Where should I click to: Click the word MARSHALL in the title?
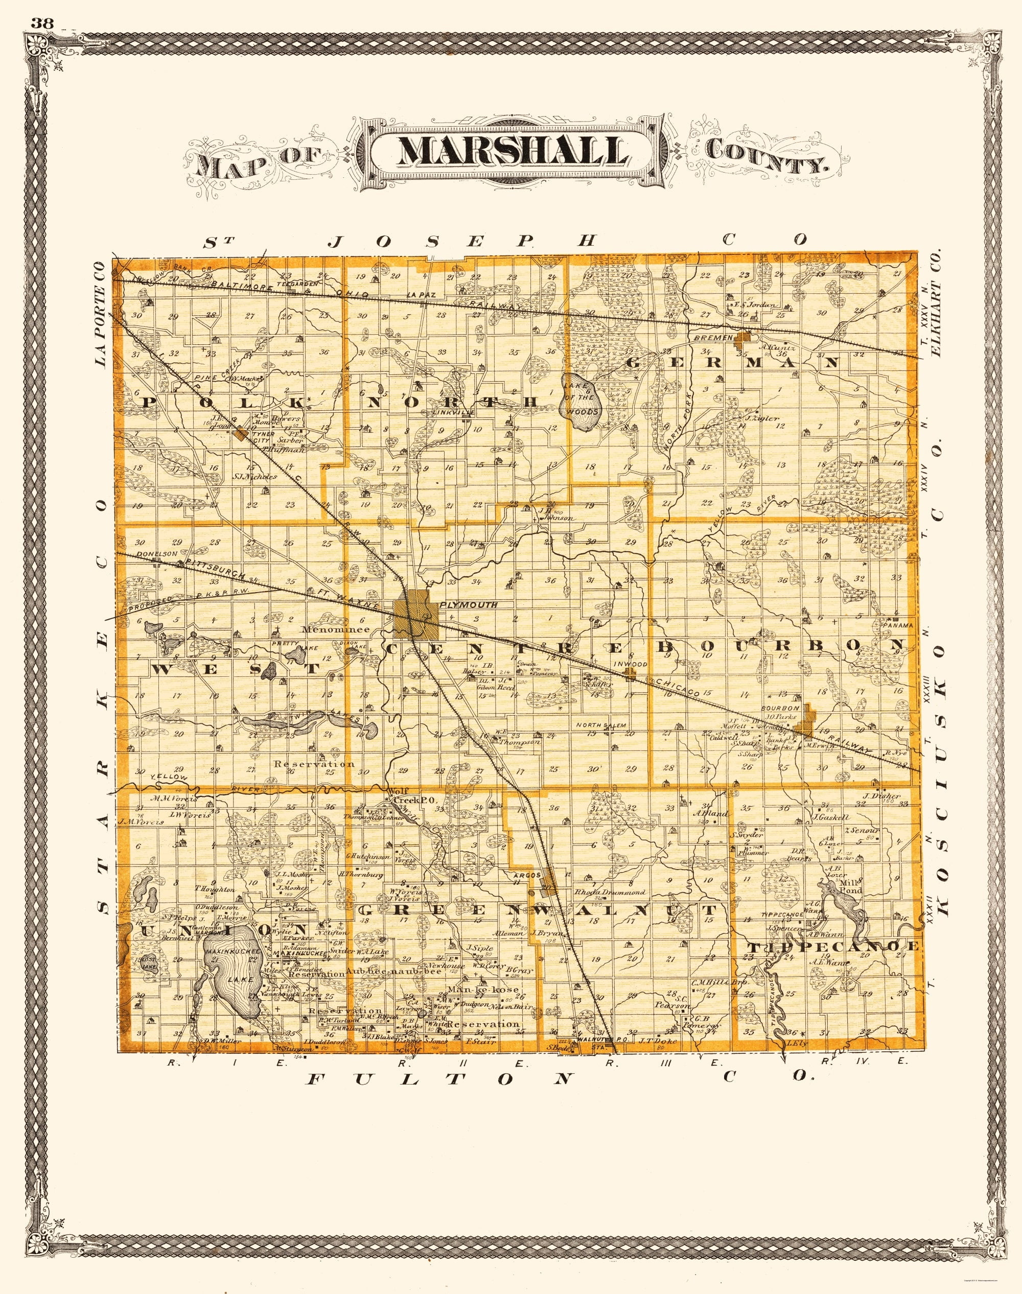pos(513,153)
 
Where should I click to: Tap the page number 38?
pos(41,24)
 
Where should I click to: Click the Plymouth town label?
pos(469,605)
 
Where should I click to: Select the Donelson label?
pos(157,554)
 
